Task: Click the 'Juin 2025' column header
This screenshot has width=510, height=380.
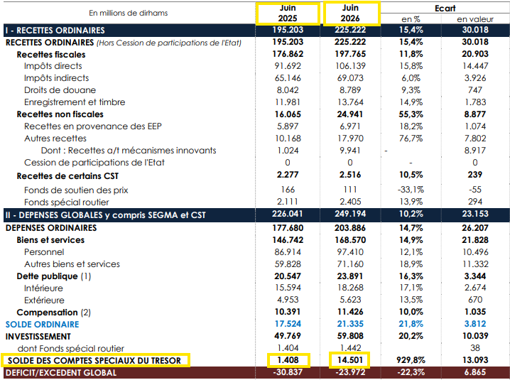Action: coord(288,13)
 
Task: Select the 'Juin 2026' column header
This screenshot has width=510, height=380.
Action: coord(350,13)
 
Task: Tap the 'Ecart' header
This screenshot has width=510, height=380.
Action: coord(445,8)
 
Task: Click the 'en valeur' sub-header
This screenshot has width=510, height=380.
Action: coord(475,19)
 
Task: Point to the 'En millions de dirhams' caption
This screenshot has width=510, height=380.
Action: coord(128,13)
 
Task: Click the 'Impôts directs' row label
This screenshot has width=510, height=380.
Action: coord(53,66)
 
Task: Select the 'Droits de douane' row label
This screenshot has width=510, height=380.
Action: coord(60,90)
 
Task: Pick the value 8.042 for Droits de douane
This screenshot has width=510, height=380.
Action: coord(288,90)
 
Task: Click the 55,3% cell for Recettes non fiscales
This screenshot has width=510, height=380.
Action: coord(411,114)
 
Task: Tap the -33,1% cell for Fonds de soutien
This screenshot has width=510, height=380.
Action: coord(411,190)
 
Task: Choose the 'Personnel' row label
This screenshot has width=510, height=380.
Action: coord(44,252)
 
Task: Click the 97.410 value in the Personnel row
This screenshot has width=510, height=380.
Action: coord(350,252)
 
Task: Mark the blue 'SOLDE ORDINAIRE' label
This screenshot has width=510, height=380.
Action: coord(43,325)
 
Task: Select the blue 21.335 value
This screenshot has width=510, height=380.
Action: coord(350,324)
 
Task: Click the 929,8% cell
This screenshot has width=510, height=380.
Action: coord(411,360)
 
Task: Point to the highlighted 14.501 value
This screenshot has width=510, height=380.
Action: coord(350,360)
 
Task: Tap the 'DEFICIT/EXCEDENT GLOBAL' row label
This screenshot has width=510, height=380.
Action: coord(61,373)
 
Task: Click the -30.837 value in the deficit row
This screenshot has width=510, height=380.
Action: coord(288,372)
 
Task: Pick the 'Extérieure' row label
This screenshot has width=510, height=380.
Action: coord(44,300)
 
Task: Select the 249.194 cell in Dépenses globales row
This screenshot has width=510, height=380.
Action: coord(350,214)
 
